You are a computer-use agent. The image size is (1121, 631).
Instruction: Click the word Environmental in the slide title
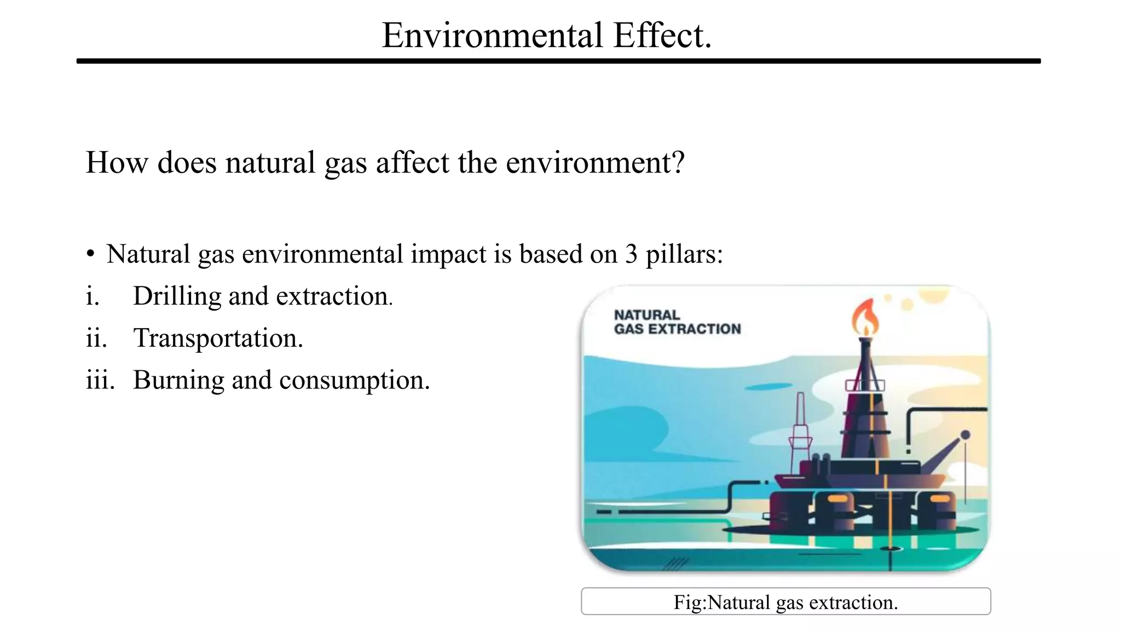pos(492,36)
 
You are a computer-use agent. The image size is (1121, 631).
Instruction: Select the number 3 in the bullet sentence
pos(631,254)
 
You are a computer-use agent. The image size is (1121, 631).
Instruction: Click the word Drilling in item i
pos(177,296)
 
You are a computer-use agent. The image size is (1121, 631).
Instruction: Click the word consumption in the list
pos(350,380)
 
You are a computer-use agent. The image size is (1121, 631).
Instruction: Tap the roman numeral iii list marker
pos(100,380)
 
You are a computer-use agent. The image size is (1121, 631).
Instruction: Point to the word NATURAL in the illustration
pos(646,315)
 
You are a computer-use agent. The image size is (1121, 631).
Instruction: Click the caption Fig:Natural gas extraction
pos(785,602)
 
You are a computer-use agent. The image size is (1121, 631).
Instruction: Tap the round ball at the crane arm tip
pos(966,434)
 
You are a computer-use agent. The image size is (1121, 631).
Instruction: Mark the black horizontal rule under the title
pos(558,61)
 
